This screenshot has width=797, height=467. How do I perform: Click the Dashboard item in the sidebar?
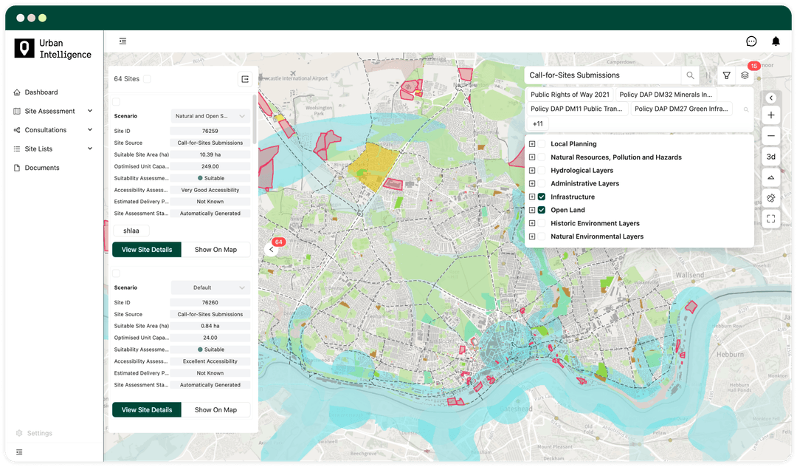tap(41, 92)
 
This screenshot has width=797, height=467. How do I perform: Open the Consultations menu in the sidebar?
tap(46, 130)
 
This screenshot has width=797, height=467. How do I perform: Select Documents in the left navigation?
tap(42, 168)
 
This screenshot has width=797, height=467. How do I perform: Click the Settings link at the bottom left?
tap(40, 433)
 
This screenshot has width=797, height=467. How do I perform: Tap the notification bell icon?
tap(776, 41)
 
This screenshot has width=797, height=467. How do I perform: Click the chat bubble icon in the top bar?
tap(751, 41)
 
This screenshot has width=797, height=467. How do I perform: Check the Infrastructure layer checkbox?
tap(542, 197)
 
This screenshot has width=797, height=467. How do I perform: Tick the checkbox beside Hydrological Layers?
tap(542, 171)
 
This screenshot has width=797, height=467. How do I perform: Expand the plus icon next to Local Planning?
tap(532, 144)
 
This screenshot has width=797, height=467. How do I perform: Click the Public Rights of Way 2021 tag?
tap(570, 95)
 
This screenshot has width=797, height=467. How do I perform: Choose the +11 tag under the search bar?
tap(538, 123)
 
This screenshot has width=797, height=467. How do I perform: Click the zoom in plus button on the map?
tap(770, 115)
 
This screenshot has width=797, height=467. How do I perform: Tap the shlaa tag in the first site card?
tap(131, 231)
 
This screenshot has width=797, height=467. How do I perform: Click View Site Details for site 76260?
tap(147, 409)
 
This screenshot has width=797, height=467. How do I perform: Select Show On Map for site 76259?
tap(215, 250)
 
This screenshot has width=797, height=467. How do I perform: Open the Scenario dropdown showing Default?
tap(210, 287)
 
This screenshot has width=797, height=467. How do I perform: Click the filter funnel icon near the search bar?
tap(727, 75)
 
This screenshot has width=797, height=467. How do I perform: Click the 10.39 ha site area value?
tap(210, 154)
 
